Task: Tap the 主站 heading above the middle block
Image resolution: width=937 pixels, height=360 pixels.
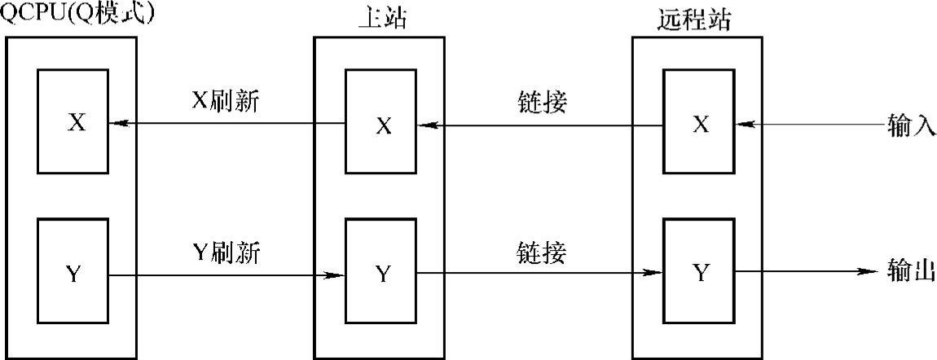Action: [381, 18]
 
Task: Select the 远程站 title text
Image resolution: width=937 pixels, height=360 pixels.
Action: [693, 18]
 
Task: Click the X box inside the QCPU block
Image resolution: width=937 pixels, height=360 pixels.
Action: [74, 122]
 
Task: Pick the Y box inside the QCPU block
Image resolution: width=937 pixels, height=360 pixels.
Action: [74, 273]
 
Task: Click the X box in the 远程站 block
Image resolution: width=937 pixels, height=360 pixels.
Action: [698, 122]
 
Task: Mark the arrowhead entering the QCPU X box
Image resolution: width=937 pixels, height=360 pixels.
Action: [120, 124]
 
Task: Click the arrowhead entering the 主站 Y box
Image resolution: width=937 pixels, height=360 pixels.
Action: [335, 274]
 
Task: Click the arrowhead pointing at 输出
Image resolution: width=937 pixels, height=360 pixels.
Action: [869, 273]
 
